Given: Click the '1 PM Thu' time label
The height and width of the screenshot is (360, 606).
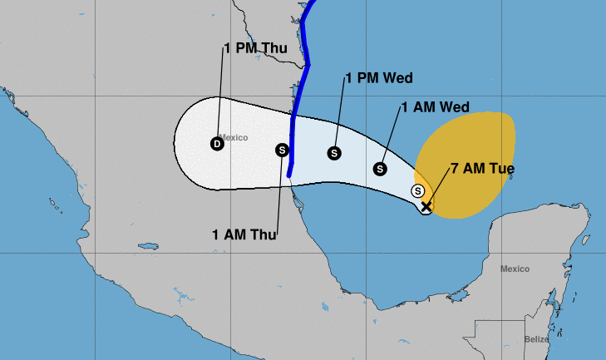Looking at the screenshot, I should [x=256, y=48].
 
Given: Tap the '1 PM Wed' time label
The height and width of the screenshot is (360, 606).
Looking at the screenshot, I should [x=379, y=78].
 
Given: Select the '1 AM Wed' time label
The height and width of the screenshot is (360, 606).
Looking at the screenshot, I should [x=435, y=106].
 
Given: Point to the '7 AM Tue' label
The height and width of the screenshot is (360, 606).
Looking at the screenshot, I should [x=482, y=169].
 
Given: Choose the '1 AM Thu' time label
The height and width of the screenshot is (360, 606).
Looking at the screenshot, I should [x=244, y=234].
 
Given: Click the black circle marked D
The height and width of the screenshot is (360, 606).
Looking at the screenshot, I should [x=217, y=144].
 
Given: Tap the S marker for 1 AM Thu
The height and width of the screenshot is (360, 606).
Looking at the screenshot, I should [x=282, y=150].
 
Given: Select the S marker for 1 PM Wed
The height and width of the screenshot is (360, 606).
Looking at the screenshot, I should [x=334, y=153].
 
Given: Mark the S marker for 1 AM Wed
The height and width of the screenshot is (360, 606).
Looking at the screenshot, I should [x=380, y=168].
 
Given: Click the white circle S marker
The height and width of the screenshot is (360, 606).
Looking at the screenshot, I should [x=418, y=191].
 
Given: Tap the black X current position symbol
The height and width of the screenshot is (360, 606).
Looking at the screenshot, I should [x=426, y=206].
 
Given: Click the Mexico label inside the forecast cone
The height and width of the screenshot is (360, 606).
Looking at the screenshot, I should [x=234, y=137].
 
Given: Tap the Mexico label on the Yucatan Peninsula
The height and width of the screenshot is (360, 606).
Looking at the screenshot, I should [x=515, y=269].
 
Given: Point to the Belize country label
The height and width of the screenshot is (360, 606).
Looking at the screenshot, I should [x=537, y=338].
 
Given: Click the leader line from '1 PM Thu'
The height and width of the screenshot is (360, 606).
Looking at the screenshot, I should [x=221, y=91].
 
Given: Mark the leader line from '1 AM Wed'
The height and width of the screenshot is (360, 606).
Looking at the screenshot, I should [x=391, y=137].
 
